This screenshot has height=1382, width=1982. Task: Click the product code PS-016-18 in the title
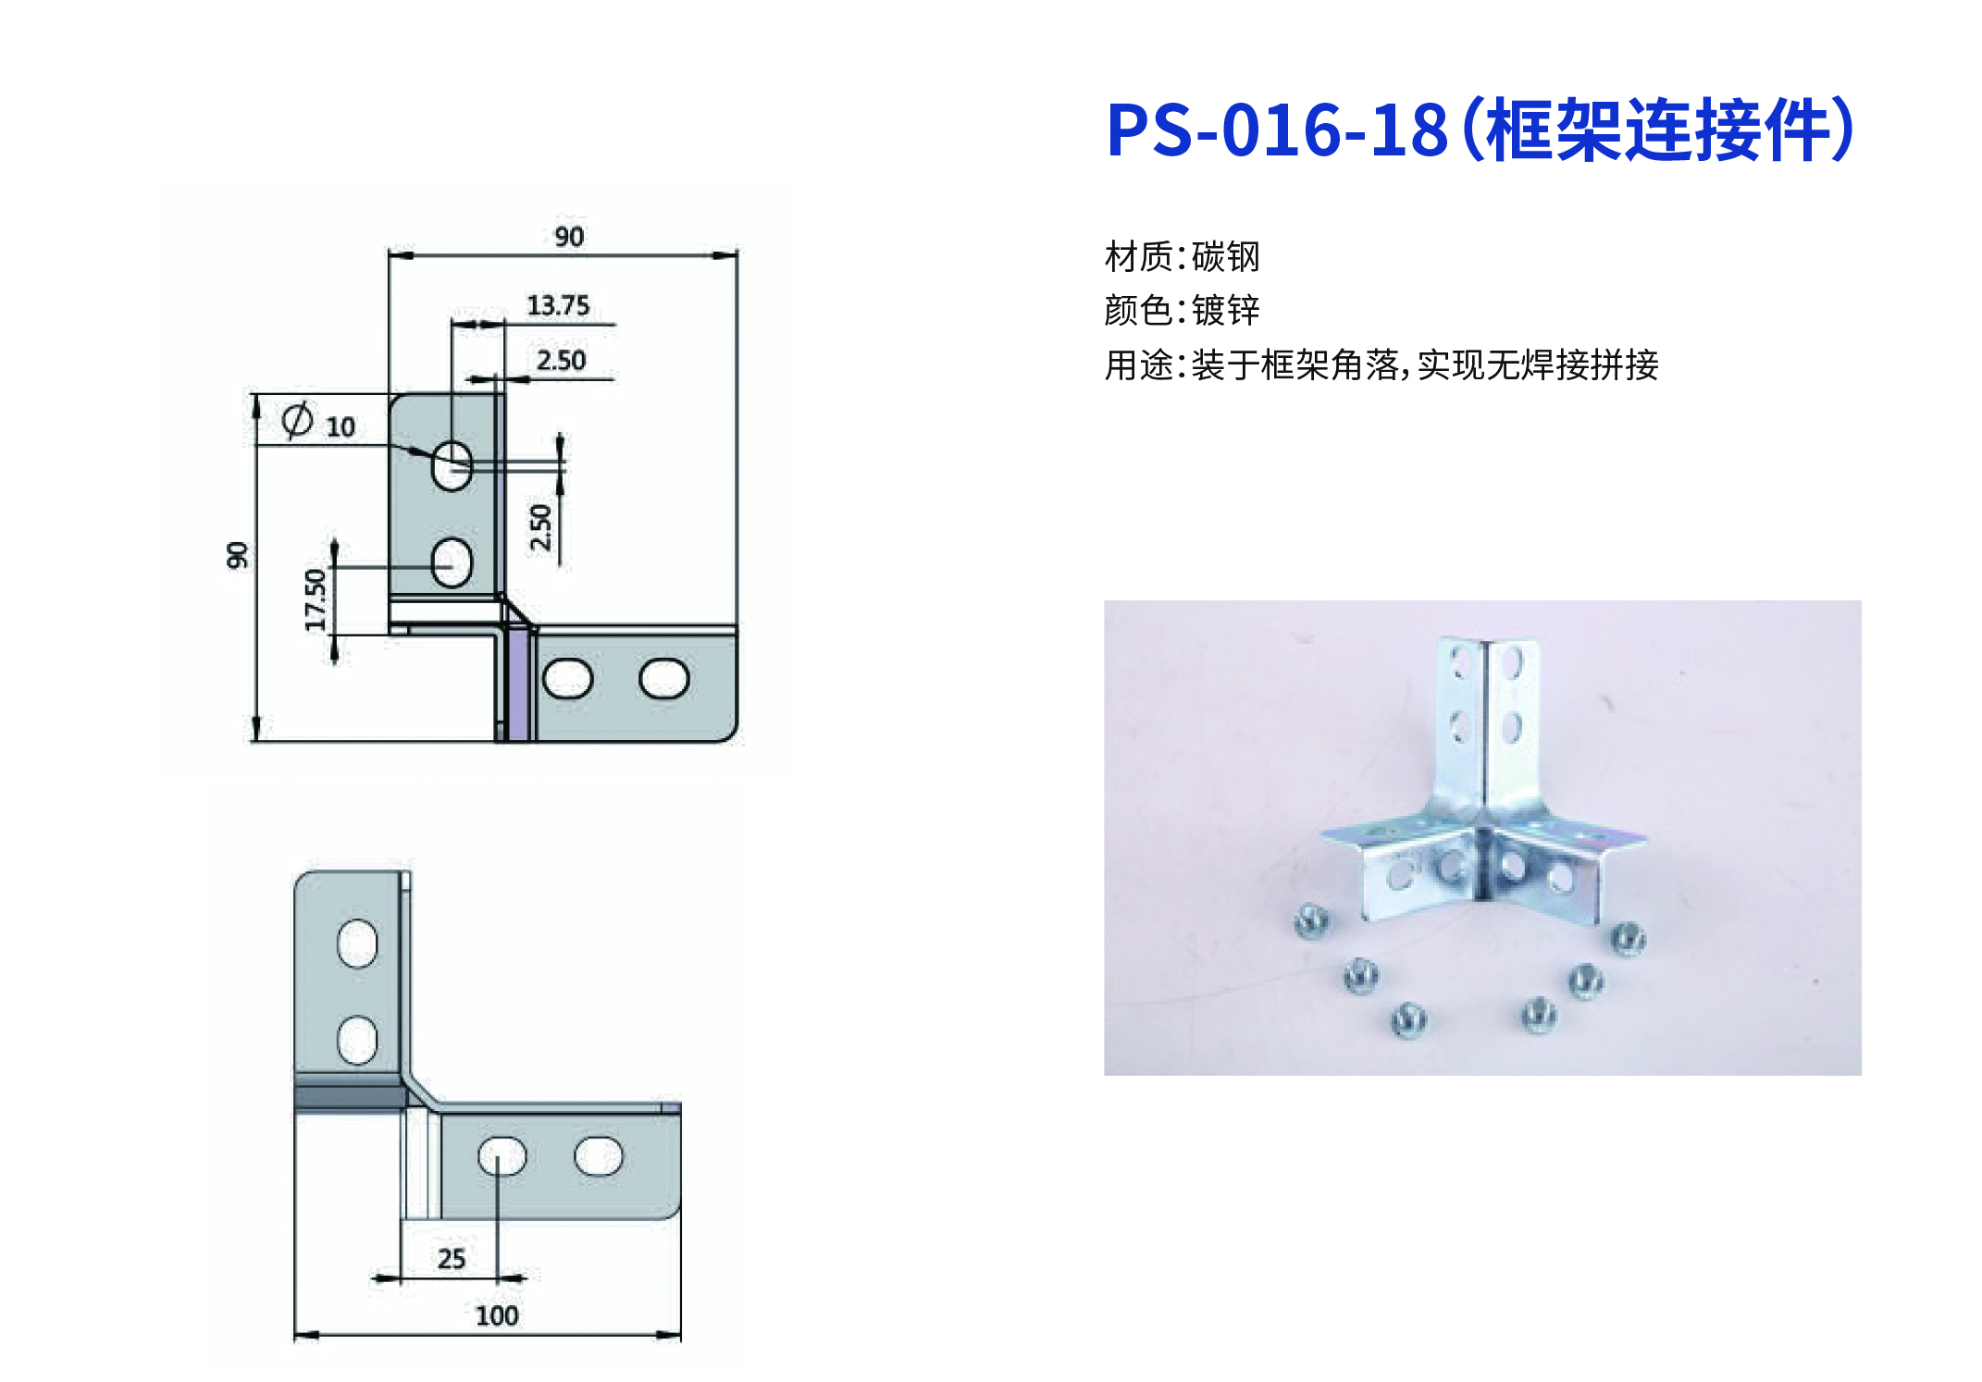coord(1277,130)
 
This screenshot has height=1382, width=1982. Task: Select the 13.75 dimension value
coord(558,305)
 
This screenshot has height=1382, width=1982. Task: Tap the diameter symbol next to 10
coord(297,420)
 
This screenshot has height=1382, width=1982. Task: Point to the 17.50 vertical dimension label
coord(316,599)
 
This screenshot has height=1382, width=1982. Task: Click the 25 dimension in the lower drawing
coord(452,1258)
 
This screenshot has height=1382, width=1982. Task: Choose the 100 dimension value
coord(497,1315)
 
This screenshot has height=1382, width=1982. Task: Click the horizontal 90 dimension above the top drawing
coord(569,237)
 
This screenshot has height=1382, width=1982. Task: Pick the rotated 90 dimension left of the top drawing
coord(238,555)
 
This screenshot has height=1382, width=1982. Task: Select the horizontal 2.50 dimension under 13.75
coord(561,360)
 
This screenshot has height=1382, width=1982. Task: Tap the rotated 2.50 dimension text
coord(540,527)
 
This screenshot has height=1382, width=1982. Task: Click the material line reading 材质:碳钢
coord(1183,256)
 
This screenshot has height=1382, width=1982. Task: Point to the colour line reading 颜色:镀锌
coord(1183,310)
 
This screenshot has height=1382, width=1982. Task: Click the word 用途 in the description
coord(1139,364)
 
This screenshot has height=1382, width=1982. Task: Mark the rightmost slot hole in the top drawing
coord(664,678)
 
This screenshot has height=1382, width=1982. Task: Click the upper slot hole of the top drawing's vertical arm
coord(452,464)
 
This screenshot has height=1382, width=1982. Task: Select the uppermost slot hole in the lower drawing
coord(357,944)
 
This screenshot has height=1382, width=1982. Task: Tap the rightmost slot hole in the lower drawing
coord(599,1155)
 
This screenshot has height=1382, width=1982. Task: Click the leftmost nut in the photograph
coord(1312,920)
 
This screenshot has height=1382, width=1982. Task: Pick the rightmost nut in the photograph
coord(1629,938)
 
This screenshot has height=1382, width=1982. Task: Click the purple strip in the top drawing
coord(518,685)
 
